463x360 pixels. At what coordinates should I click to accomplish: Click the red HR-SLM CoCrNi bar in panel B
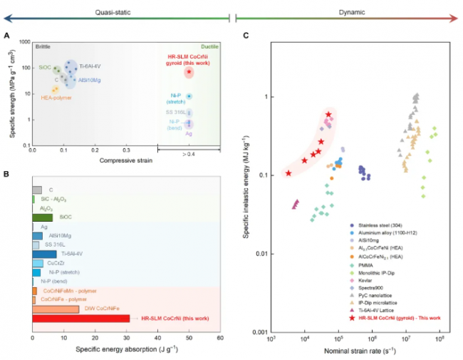80,319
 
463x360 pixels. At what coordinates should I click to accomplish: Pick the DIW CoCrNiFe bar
56,309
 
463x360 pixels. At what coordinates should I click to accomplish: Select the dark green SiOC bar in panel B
42,217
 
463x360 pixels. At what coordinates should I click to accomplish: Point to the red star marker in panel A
189,72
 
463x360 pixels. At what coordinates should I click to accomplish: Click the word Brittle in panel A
43,46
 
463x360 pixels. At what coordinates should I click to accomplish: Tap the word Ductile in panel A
208,46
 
